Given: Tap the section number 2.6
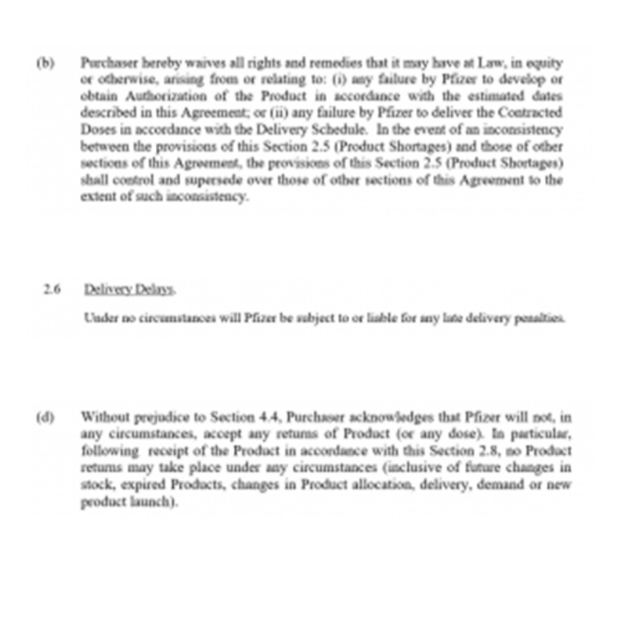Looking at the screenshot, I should pyautogui.click(x=51, y=290).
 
